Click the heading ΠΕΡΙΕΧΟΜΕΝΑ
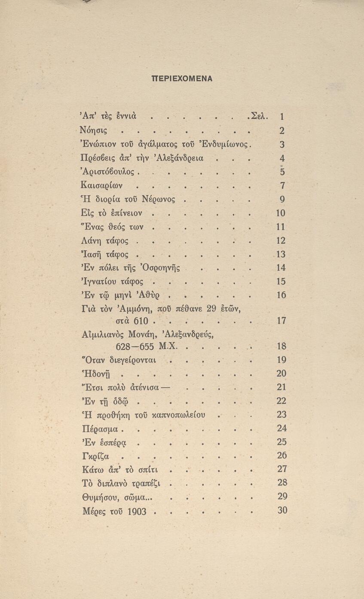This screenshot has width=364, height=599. [182, 79]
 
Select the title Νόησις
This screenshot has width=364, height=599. [94, 130]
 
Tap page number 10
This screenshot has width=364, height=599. [280, 213]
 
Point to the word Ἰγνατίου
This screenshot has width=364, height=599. [99, 282]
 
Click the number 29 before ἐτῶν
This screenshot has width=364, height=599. [211, 308]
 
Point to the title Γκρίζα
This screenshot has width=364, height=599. [95, 456]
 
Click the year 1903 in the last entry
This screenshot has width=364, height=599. [137, 511]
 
